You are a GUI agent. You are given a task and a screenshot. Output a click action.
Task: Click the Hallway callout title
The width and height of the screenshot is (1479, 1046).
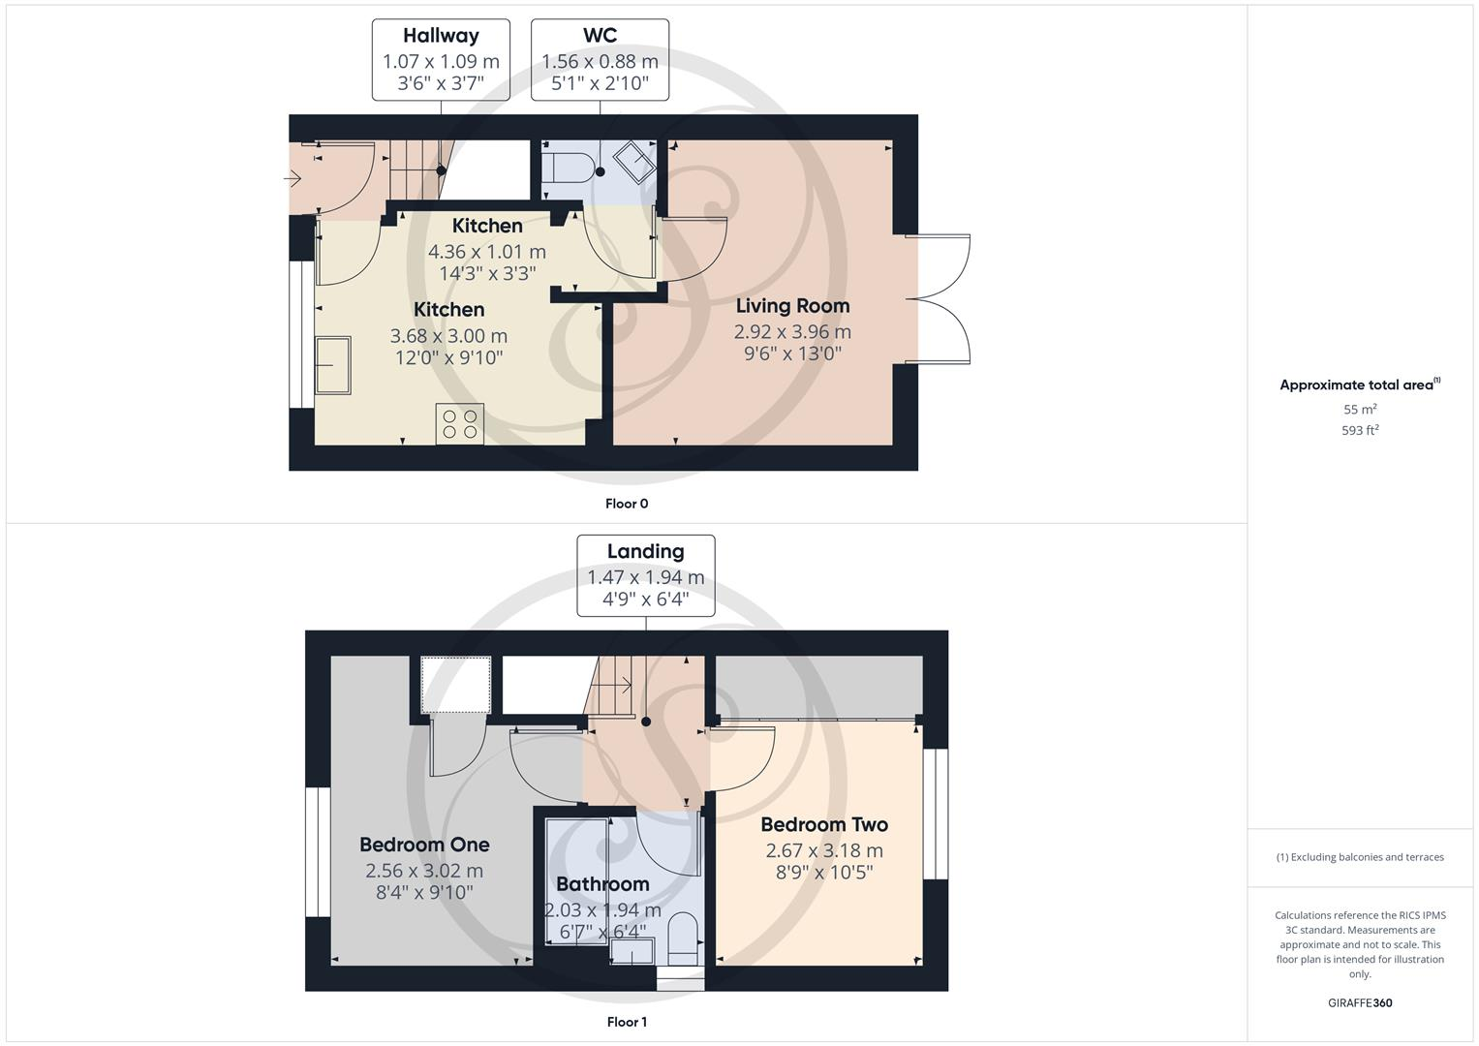click(441, 36)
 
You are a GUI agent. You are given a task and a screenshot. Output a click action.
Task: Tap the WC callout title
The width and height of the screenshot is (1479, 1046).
click(600, 36)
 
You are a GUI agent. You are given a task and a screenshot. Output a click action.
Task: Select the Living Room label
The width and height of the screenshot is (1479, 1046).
click(792, 306)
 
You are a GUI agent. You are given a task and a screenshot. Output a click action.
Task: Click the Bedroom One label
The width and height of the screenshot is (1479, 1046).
click(424, 845)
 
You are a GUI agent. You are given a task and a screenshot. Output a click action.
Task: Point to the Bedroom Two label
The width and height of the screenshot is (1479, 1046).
click(824, 825)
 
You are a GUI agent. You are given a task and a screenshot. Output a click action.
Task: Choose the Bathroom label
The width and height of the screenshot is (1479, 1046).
click(602, 884)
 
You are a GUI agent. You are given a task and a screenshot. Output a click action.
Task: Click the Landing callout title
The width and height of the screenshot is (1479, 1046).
click(645, 552)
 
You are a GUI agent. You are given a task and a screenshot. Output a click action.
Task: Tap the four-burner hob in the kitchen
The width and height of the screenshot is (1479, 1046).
click(460, 424)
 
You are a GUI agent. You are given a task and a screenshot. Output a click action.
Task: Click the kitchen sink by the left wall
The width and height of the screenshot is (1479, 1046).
click(333, 365)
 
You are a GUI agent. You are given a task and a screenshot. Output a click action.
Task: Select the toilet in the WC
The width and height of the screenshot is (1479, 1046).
click(568, 166)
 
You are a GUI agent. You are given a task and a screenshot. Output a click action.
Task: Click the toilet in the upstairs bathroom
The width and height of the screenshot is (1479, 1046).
click(683, 938)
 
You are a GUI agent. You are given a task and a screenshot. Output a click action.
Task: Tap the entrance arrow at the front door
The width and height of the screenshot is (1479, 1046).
click(293, 178)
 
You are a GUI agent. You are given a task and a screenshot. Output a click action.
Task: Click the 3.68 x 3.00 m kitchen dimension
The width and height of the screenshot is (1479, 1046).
click(448, 336)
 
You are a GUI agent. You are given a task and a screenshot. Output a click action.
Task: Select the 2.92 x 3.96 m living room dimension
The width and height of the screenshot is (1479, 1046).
click(792, 332)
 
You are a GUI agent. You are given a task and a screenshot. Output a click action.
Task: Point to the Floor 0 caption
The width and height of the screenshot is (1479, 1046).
click(627, 504)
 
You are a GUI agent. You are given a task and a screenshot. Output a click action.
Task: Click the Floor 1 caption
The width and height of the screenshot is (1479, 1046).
click(627, 1022)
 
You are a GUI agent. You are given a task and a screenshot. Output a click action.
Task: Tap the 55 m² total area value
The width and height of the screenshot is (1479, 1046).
click(1360, 410)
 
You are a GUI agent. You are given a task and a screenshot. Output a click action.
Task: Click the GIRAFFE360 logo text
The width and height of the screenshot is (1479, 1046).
click(1360, 1003)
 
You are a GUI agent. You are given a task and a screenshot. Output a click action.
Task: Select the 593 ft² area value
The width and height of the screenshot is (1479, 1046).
click(1360, 431)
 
